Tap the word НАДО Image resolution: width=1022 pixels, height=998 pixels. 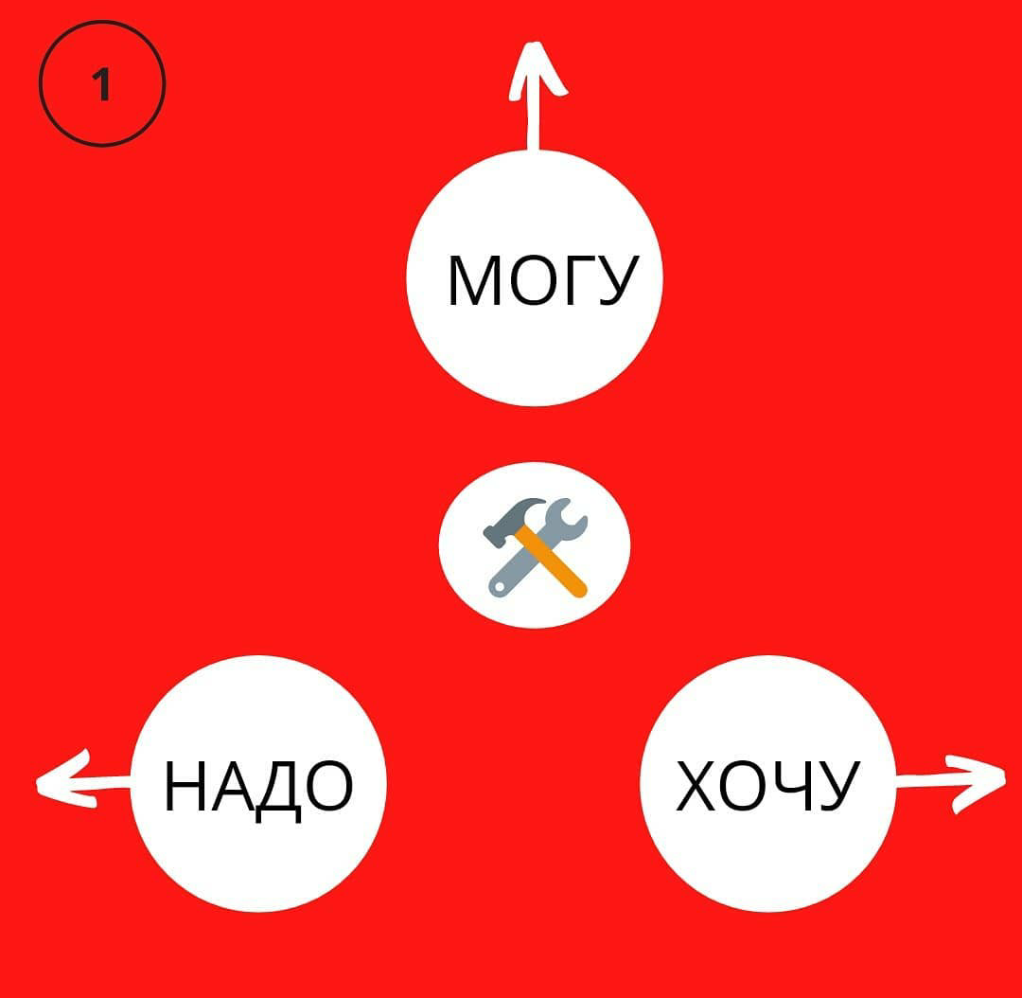pos(258,787)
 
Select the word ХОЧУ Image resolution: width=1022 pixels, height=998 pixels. pos(767,786)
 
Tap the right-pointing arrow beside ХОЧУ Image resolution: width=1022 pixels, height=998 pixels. pos(947,779)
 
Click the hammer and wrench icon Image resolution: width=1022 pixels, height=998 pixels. pos(536,546)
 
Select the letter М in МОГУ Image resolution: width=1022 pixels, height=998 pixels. pos(470,280)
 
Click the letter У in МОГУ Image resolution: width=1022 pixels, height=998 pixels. pos(616,280)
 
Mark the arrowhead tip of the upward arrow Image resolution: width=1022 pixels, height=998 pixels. pos(535,47)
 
